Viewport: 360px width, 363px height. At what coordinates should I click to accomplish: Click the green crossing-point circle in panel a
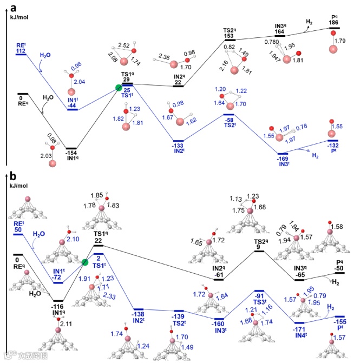tap(119, 88)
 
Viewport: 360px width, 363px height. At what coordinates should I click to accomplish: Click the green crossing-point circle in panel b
tap(86, 263)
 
